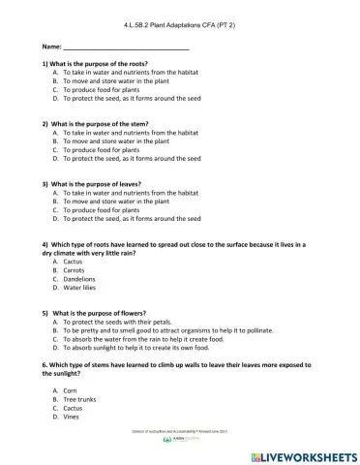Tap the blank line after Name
coord(126,46)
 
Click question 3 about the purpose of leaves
coord(93,184)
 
